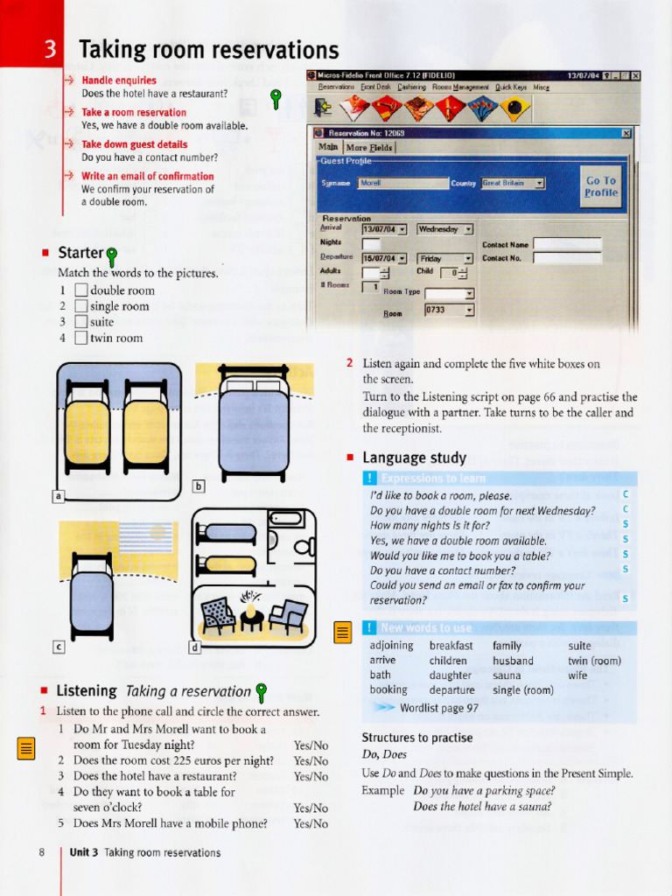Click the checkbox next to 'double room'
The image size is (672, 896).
click(81, 290)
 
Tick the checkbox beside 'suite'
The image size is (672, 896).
click(81, 322)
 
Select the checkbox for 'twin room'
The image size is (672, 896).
click(81, 338)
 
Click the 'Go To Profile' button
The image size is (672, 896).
click(600, 186)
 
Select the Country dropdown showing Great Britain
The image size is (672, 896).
click(513, 184)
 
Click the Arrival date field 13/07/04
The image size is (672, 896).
click(385, 229)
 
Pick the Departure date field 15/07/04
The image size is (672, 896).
click(385, 259)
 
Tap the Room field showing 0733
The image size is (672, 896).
click(449, 310)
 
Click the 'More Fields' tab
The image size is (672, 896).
click(369, 148)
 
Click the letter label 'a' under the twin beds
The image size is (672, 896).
click(59, 496)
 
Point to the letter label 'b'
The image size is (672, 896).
click(198, 486)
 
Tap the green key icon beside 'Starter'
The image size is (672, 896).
click(111, 256)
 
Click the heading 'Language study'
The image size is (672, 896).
click(414, 458)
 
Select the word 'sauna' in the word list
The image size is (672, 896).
click(507, 675)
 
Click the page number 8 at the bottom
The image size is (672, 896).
click(42, 852)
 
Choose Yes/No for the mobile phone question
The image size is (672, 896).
click(311, 823)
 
